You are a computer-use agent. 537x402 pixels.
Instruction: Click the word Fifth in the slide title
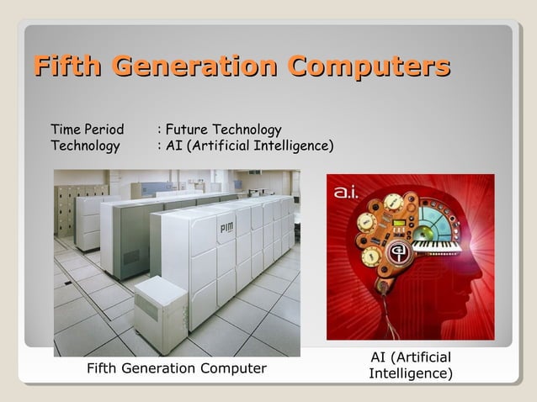pos(67,66)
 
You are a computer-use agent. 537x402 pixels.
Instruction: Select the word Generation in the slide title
pos(194,66)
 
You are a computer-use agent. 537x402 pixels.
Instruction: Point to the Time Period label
pos(87,130)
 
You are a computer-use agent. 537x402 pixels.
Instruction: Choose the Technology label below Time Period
pos(85,146)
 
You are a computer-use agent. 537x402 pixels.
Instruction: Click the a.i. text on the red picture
pos(348,193)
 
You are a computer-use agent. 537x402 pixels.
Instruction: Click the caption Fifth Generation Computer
pos(177,368)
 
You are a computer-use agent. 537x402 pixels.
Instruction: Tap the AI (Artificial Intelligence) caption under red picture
pos(411,365)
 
